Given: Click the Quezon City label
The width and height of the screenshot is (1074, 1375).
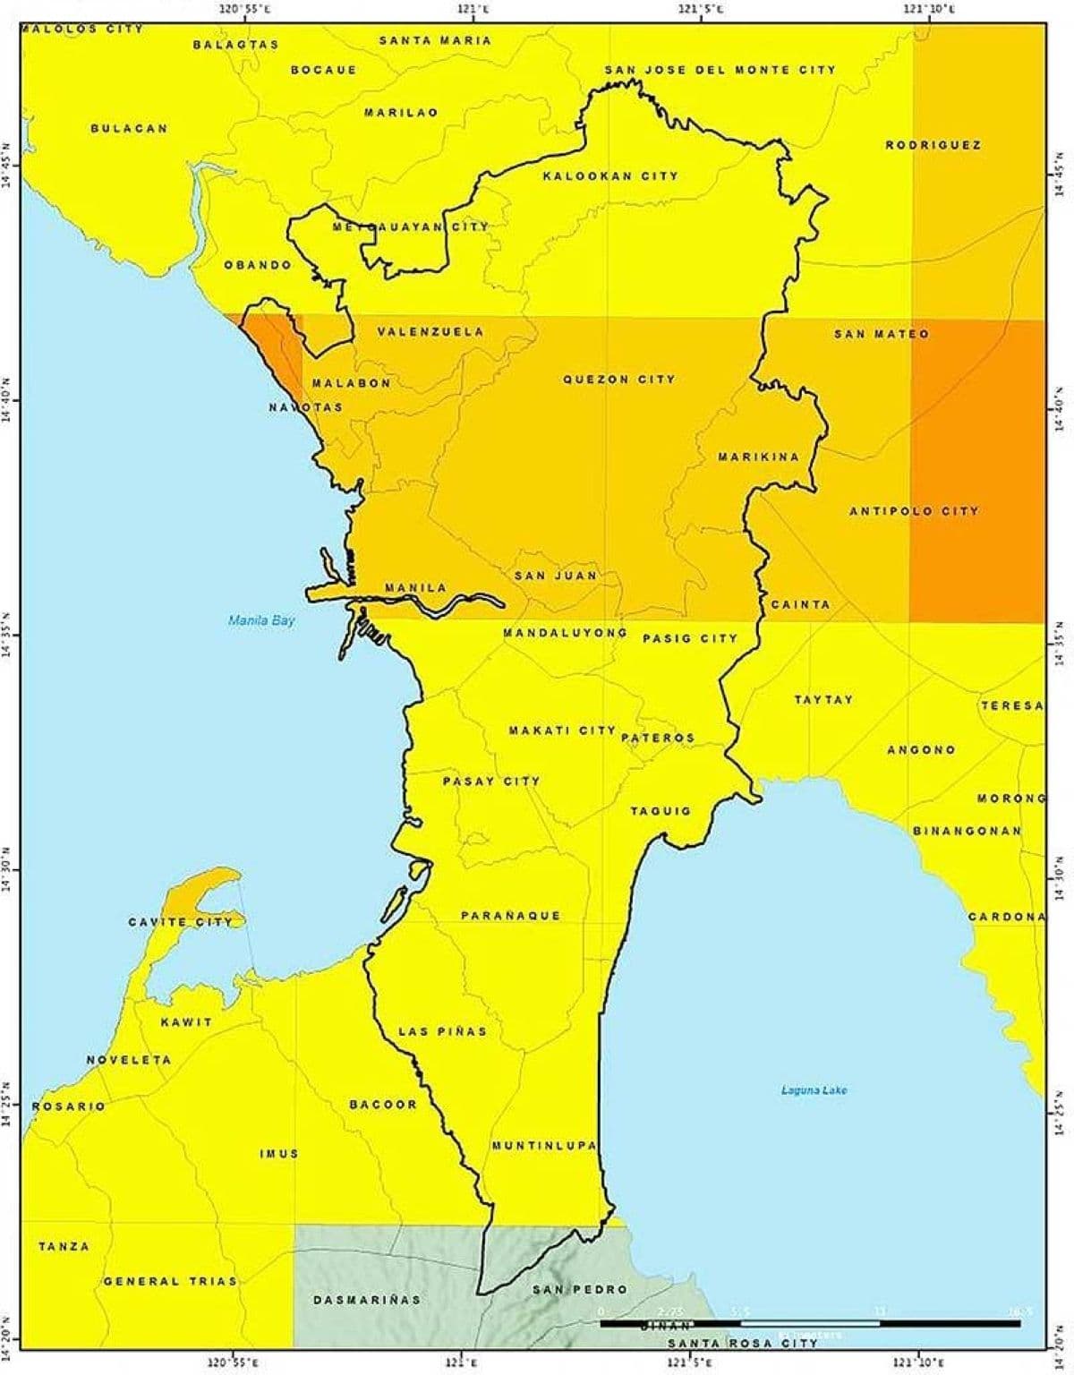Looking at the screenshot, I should [x=618, y=380].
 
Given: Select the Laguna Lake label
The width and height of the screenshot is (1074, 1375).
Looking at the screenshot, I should [x=814, y=1090].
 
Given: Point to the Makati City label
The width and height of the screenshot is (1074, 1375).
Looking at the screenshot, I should [x=562, y=730].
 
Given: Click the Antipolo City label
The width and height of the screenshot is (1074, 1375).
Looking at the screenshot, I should [x=914, y=511].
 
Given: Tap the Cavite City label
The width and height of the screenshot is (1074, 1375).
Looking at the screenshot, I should [x=186, y=921].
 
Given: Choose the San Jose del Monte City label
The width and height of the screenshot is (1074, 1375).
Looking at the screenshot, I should [x=720, y=69].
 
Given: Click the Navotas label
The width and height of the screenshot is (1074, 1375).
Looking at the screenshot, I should [x=305, y=407].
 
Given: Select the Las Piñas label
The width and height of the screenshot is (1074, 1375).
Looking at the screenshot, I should [x=442, y=1031].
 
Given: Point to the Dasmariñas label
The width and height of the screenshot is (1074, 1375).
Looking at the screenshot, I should [x=366, y=1299].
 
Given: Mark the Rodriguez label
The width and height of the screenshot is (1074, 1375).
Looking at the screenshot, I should [x=933, y=144].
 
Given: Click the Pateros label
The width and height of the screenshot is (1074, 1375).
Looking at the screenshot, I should [x=657, y=738].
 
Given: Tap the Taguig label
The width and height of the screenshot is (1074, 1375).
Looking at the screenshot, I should [x=661, y=811].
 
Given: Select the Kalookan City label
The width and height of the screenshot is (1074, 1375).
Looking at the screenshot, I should [x=610, y=175].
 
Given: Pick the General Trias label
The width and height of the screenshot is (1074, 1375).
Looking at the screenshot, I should [x=170, y=1281].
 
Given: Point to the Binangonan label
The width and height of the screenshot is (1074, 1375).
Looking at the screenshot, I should [x=967, y=831].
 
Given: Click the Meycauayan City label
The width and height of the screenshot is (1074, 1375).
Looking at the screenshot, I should [x=411, y=226].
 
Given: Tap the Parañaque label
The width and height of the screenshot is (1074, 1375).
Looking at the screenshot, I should [x=510, y=915].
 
